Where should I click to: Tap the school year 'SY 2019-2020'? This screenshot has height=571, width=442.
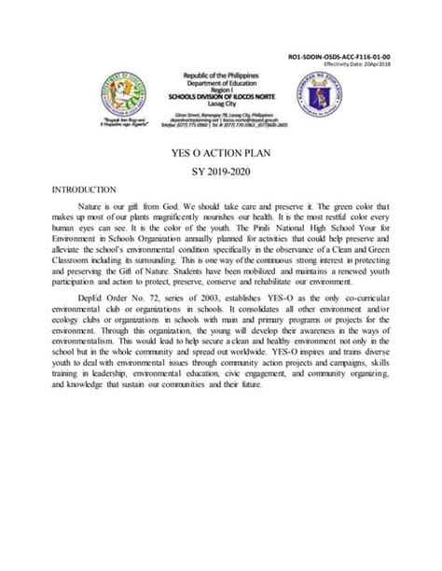pos(221,174)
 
